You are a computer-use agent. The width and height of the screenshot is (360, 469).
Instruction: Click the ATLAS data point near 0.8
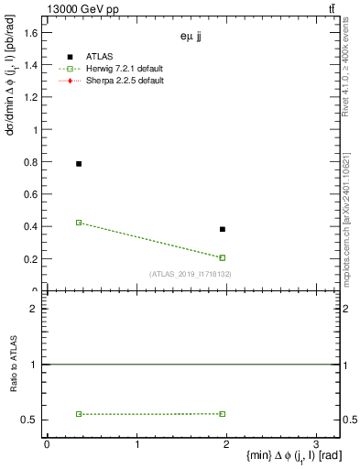point(79,164)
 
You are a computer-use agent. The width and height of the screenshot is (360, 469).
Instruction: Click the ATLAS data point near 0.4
point(223,229)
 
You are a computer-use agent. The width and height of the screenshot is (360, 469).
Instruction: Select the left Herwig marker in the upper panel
point(79,223)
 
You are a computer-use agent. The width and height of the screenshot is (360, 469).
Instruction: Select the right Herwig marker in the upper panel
point(223,257)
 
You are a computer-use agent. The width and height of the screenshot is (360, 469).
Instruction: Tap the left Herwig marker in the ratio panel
point(79,414)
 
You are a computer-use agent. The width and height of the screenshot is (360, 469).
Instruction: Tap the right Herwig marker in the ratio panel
point(223,414)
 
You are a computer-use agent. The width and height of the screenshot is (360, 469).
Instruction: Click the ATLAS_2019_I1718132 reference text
point(191,274)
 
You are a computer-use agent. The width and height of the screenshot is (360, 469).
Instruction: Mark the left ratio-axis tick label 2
point(32,309)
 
